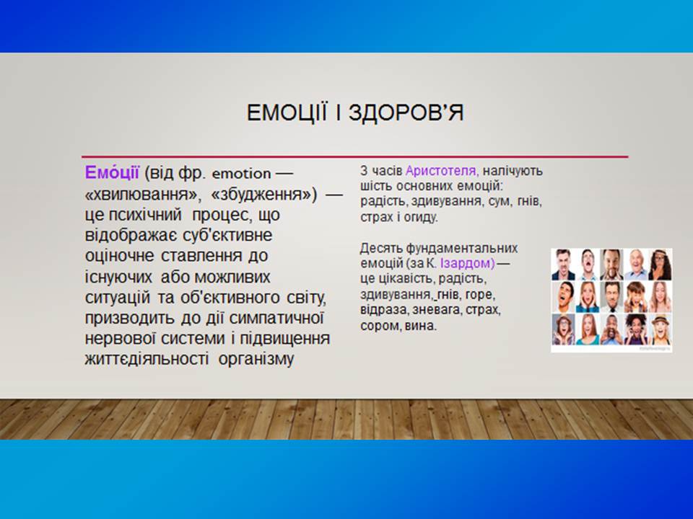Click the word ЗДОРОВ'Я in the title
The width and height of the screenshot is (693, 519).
(x=406, y=112)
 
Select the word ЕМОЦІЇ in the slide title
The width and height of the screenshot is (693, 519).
(x=287, y=112)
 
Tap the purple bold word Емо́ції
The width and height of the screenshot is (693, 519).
(x=112, y=172)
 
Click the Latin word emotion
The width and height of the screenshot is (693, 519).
(x=241, y=174)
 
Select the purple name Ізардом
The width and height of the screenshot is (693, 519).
(x=468, y=264)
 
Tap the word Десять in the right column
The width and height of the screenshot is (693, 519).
(x=381, y=249)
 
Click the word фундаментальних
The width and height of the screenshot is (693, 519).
(x=462, y=249)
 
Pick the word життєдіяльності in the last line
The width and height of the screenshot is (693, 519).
(x=147, y=359)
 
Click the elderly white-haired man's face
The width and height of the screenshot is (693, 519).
(x=635, y=265)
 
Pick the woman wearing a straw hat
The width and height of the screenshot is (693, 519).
(x=661, y=329)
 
